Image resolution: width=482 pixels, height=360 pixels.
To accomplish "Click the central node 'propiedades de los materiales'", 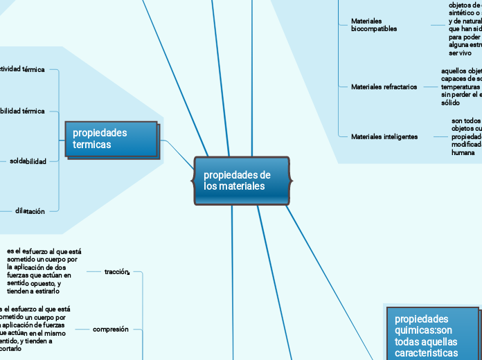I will click(x=241, y=181).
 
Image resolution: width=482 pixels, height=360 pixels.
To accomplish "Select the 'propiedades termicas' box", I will click(x=111, y=138).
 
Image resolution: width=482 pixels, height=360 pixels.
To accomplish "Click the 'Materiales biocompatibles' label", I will click(x=374, y=26).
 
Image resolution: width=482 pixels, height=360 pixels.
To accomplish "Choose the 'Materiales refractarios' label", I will click(x=384, y=87).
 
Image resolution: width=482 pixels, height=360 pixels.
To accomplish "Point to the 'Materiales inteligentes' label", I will click(x=384, y=136).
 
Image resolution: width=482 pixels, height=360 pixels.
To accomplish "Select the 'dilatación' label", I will click(x=30, y=211).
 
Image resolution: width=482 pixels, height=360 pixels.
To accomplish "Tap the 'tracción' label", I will click(x=117, y=272).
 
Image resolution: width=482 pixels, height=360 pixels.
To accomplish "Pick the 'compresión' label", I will click(x=111, y=330).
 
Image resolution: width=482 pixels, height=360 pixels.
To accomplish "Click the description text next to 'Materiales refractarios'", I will click(x=461, y=87).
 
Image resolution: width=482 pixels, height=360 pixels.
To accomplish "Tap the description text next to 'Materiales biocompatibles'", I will click(x=464, y=28).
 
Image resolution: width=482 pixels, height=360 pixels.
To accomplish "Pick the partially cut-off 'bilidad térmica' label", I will click(x=22, y=111).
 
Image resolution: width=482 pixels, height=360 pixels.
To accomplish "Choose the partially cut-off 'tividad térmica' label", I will click(x=22, y=69).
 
